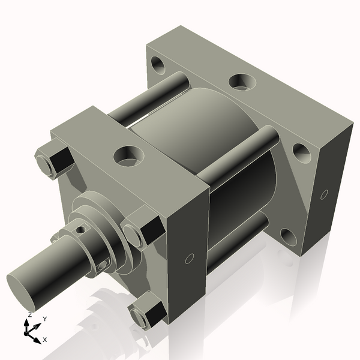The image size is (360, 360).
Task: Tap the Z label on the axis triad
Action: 29,315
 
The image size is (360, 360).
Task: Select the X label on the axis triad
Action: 46,340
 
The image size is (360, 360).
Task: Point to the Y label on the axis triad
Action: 45,319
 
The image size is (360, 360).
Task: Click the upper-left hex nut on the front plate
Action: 55,160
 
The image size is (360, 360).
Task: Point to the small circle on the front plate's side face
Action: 189,259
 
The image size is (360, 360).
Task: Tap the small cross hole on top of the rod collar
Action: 80,228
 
